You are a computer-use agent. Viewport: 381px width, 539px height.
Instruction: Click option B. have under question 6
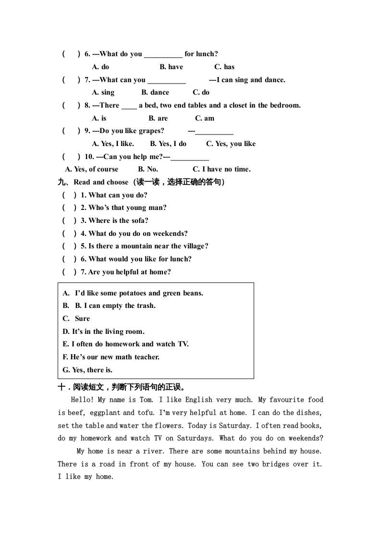(171, 67)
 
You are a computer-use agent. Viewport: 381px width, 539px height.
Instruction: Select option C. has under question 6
(224, 67)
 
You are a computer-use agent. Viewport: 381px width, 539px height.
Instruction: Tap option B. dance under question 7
(155, 93)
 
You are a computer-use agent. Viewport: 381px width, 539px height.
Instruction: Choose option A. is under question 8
(99, 118)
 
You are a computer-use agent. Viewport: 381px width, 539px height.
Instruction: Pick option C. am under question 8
(205, 118)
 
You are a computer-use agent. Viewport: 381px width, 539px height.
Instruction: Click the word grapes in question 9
(153, 131)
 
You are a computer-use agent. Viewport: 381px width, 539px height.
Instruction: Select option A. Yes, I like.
(113, 144)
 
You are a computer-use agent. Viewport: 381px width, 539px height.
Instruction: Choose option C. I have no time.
(221, 169)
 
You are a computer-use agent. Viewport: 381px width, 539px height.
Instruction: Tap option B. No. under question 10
(148, 169)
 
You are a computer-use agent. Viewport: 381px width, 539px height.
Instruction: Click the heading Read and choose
(101, 182)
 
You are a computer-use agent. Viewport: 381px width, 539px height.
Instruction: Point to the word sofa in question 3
(139, 220)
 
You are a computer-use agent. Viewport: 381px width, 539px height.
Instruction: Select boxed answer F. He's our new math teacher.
(111, 357)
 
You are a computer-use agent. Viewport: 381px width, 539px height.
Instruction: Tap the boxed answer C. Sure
(76, 318)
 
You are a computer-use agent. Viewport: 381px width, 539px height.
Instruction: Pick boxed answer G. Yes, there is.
(87, 370)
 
